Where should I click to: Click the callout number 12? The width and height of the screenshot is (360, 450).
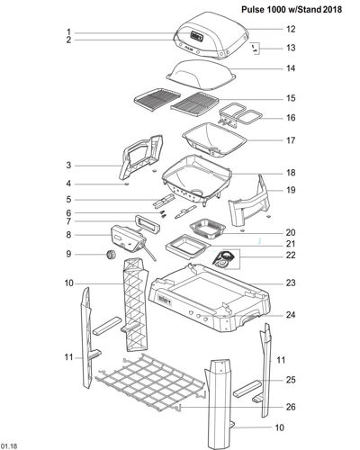tap(291, 29)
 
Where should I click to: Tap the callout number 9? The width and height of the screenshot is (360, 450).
tap(68, 254)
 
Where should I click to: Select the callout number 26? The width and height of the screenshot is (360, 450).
tap(291, 407)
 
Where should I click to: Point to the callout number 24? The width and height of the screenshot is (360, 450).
tap(291, 315)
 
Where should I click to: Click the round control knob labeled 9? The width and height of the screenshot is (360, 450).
tap(112, 255)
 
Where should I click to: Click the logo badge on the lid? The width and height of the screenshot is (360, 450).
tap(196, 37)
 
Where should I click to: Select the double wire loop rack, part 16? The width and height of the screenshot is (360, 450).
tap(240, 115)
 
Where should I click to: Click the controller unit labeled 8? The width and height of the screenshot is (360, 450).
tap(129, 239)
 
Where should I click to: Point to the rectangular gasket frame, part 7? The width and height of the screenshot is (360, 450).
tap(148, 224)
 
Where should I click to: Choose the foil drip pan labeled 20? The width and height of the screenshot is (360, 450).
tap(208, 229)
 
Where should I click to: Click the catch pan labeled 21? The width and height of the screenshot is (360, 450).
tap(187, 247)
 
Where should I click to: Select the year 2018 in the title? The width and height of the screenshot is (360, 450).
tap(333, 9)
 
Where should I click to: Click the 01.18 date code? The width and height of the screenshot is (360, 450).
tap(9, 445)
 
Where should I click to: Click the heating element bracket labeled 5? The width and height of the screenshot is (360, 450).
tap(164, 201)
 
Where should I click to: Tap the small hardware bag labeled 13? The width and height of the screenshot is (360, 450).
tap(255, 49)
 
